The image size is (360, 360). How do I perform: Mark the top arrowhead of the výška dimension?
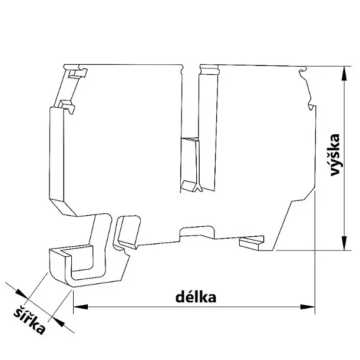tap(342, 72)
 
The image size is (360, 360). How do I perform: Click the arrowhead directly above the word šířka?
tap(20, 293)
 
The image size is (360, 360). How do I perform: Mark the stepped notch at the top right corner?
tap(304, 73)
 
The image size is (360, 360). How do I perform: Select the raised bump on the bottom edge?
tap(197, 229)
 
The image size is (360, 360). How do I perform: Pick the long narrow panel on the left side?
tap(57, 156)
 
